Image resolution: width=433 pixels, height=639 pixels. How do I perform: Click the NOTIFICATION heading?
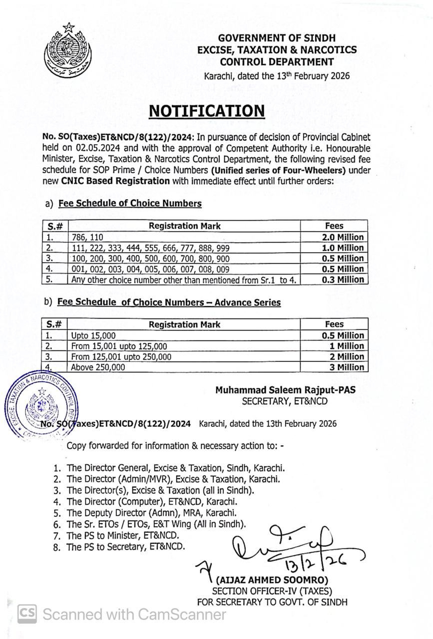(x=207, y=111)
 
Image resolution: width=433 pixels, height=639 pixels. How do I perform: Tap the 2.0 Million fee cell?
(x=343, y=237)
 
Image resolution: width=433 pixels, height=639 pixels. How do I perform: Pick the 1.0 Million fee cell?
(x=343, y=248)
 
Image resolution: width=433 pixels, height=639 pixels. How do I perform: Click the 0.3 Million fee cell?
(x=343, y=280)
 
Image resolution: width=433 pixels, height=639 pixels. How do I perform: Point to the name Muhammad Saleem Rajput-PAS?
(x=286, y=390)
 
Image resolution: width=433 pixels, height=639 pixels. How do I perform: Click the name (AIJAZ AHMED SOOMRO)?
(x=271, y=580)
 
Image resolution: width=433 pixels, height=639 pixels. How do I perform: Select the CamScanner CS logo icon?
(x=27, y=614)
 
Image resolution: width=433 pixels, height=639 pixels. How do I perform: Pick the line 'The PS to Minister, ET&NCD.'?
(x=123, y=536)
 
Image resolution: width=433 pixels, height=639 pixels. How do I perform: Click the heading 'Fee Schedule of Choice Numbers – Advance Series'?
(x=169, y=303)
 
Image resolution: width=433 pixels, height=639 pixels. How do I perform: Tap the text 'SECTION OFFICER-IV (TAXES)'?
(x=272, y=591)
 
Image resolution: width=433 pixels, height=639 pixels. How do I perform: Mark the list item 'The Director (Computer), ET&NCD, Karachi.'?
(x=152, y=501)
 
